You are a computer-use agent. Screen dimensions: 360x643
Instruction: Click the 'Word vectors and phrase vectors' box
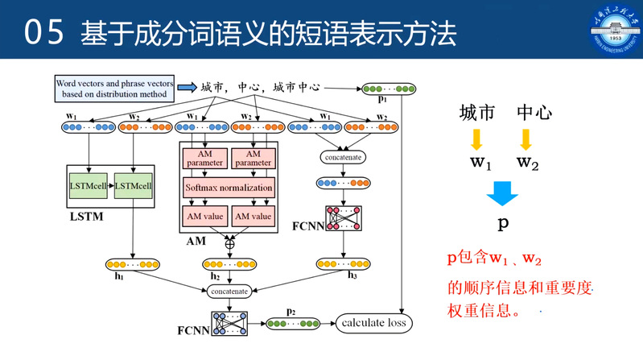tap(113, 88)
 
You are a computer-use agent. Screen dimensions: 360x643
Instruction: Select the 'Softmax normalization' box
tap(229, 188)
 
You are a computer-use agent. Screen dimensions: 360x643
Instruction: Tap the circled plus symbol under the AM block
tap(230, 242)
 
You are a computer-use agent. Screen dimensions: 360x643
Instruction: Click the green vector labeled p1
tap(384, 89)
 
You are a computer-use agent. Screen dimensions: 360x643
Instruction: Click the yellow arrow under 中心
tap(526, 139)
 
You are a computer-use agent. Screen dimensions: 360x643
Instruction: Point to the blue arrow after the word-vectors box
tap(188, 87)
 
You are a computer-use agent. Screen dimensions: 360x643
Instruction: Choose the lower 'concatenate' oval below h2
tap(230, 290)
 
